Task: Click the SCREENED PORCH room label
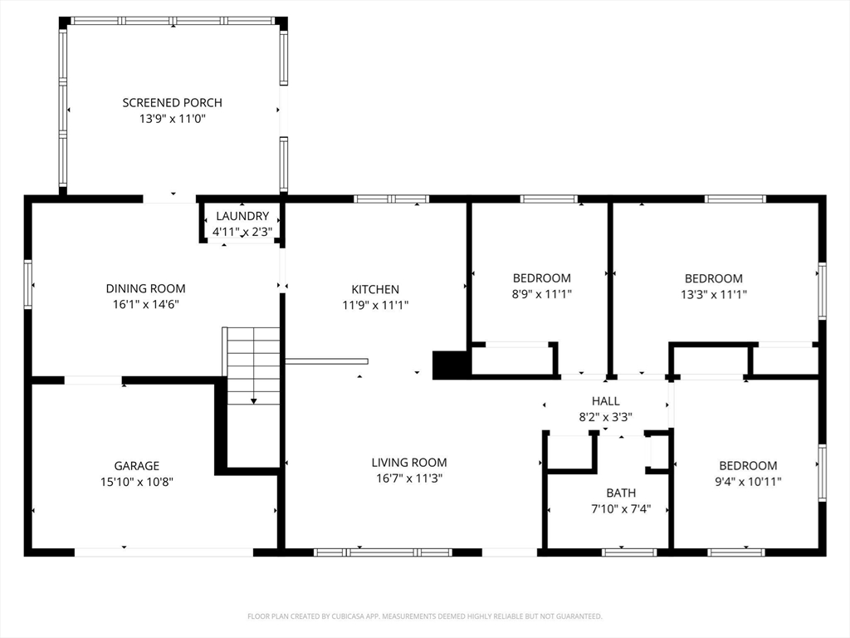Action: [x=173, y=102]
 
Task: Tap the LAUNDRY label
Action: [x=242, y=216]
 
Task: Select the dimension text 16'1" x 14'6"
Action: [x=146, y=304]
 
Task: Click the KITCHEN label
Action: [x=375, y=289]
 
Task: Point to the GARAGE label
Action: [x=137, y=465]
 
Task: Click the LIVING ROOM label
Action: [x=409, y=462]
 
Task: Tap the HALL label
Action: [x=605, y=401]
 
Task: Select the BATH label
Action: [x=621, y=493]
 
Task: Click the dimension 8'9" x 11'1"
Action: [x=542, y=294]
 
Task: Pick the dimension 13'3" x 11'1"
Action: [x=714, y=294]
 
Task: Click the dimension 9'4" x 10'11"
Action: [x=748, y=481]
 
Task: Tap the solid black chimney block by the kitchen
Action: [x=451, y=366]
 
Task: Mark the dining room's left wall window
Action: [x=27, y=285]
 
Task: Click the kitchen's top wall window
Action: [x=392, y=199]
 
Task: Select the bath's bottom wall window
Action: [x=629, y=552]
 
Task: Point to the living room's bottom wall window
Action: [x=383, y=552]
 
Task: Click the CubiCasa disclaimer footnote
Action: [x=425, y=616]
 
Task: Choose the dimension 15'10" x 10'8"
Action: [x=137, y=481]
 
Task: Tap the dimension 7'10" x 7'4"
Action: [x=621, y=509]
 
